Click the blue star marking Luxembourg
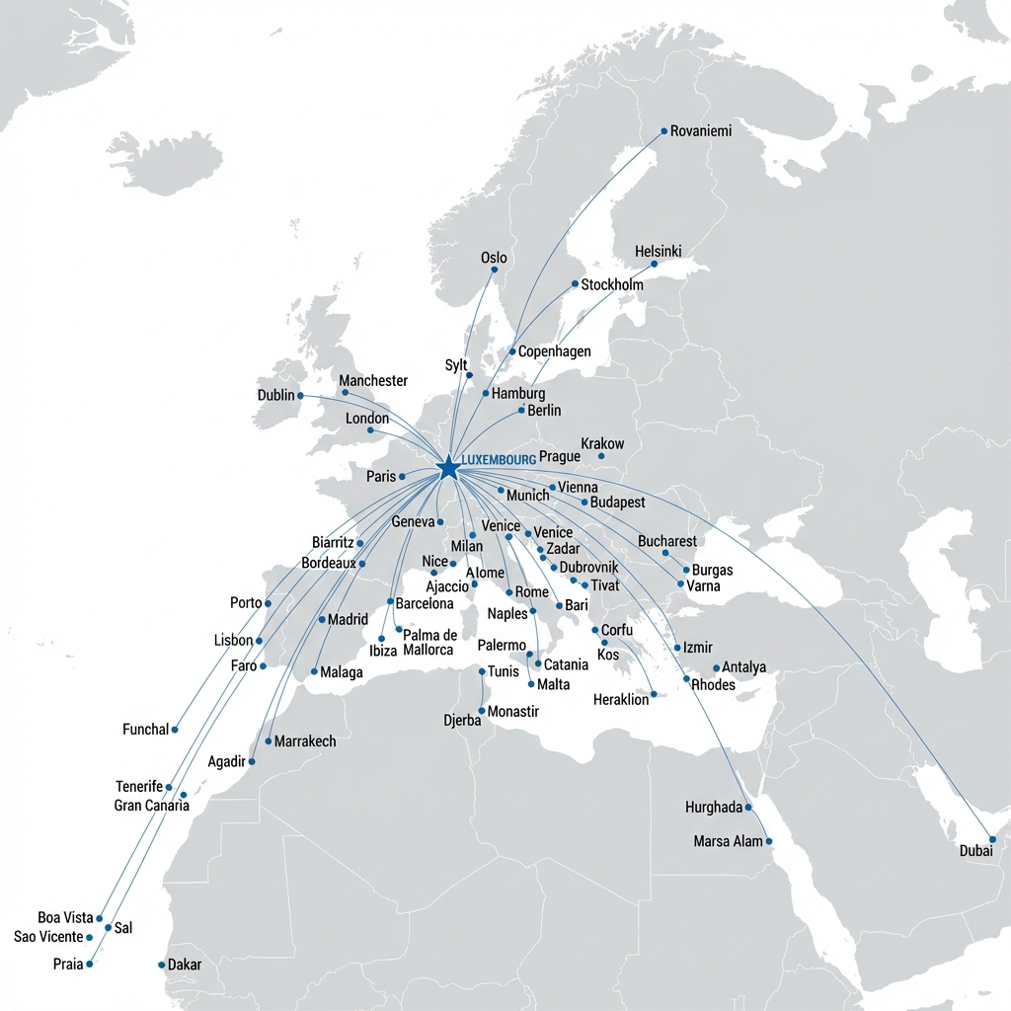(x=447, y=467)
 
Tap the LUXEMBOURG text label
(x=499, y=460)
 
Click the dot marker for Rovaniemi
(x=663, y=130)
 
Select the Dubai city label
(x=975, y=851)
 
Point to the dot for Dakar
(x=161, y=965)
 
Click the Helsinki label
(x=658, y=252)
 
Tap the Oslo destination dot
(x=494, y=270)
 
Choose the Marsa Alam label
(x=729, y=841)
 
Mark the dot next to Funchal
(x=175, y=730)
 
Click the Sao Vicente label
(x=49, y=937)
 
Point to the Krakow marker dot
(x=600, y=455)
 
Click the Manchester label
(x=373, y=380)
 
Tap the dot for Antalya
(x=716, y=667)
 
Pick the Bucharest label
(x=667, y=541)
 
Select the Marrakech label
(x=305, y=740)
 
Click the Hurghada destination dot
(x=748, y=808)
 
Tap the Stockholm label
(x=612, y=284)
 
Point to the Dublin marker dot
(x=300, y=396)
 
